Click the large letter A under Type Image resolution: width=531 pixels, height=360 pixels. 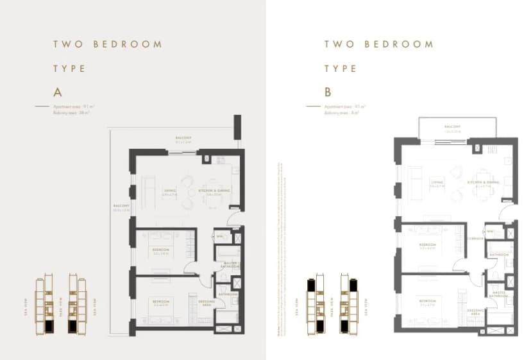(x=57, y=90)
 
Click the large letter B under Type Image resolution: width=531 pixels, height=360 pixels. (x=328, y=90)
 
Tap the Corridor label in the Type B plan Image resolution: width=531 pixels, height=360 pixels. (x=475, y=237)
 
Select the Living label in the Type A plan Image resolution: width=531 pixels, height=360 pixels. (x=169, y=190)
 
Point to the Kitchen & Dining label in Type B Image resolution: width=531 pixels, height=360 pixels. (x=482, y=183)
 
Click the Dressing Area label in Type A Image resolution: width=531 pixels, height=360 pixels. (x=206, y=304)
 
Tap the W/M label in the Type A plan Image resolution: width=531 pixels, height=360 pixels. (x=219, y=236)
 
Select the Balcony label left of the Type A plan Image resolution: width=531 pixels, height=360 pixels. (x=122, y=207)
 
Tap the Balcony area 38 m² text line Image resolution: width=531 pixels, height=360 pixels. (x=71, y=112)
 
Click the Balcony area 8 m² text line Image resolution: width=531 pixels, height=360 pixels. (x=341, y=112)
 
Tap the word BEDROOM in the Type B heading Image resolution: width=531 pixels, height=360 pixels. (x=399, y=44)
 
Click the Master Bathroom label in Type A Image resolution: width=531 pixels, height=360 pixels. (x=232, y=265)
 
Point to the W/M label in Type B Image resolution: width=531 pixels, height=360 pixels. (x=489, y=231)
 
